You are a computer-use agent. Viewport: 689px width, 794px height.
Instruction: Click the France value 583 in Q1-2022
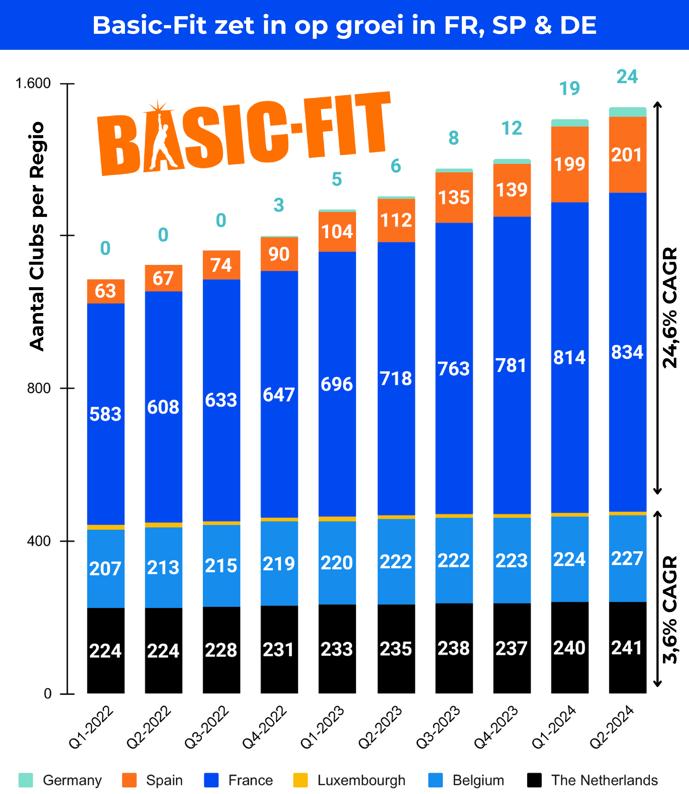coord(105,414)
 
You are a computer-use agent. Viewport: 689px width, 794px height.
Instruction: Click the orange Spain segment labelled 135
coord(454,197)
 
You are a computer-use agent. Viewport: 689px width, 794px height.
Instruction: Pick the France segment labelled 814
coord(569,357)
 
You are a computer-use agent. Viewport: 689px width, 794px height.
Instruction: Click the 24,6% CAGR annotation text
coord(670,307)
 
